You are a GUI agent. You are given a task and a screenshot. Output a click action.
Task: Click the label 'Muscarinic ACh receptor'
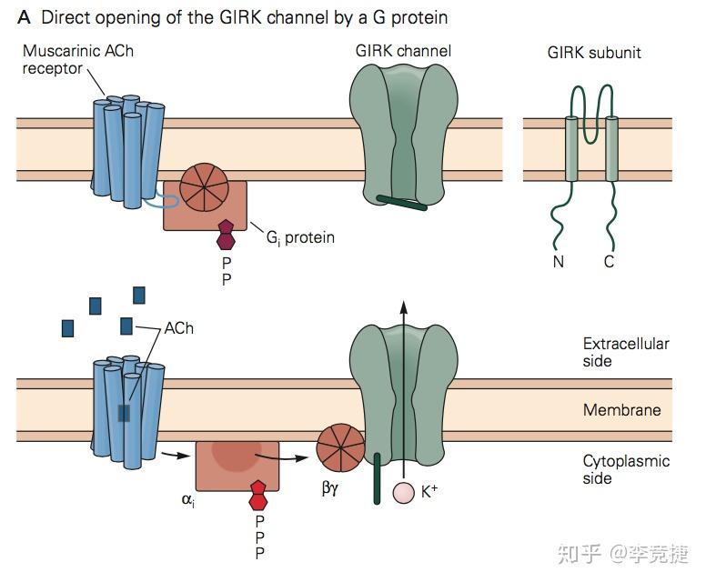tap(77, 59)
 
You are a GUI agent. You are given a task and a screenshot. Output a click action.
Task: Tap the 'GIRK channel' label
tap(403, 51)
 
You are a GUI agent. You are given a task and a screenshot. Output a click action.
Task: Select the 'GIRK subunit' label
tap(593, 53)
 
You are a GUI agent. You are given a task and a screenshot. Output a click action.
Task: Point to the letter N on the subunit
tap(558, 263)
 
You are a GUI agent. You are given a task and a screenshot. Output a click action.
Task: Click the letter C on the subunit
tap(609, 263)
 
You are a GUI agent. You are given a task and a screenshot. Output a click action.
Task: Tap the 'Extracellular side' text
tap(626, 352)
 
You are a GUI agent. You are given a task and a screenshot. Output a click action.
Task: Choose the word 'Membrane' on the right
tap(621, 410)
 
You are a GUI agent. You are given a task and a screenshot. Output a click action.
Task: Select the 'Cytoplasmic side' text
tap(626, 469)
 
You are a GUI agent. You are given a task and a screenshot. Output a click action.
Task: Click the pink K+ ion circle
tap(403, 493)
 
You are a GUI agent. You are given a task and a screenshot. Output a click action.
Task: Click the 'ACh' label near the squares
tap(178, 328)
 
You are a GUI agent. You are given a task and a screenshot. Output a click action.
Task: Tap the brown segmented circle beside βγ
tap(340, 449)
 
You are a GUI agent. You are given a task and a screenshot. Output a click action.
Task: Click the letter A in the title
tap(25, 17)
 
